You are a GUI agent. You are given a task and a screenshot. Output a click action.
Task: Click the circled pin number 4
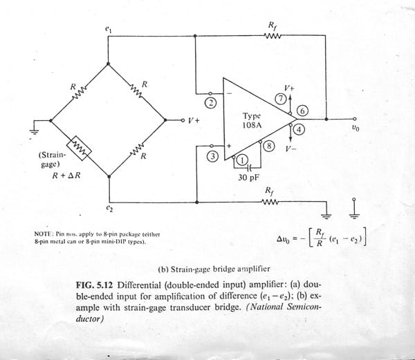pos(298,129)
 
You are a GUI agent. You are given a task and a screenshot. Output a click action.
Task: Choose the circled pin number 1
pos(242,160)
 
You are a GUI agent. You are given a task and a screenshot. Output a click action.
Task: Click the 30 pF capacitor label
pos(248,176)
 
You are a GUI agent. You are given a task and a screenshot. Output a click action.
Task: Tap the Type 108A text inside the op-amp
pos(252,122)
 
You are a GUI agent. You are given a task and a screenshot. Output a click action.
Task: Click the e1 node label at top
pos(107,29)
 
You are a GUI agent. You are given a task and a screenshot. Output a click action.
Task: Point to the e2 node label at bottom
pos(108,207)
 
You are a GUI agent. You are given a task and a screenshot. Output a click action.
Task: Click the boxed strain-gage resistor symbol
pos(79,146)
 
